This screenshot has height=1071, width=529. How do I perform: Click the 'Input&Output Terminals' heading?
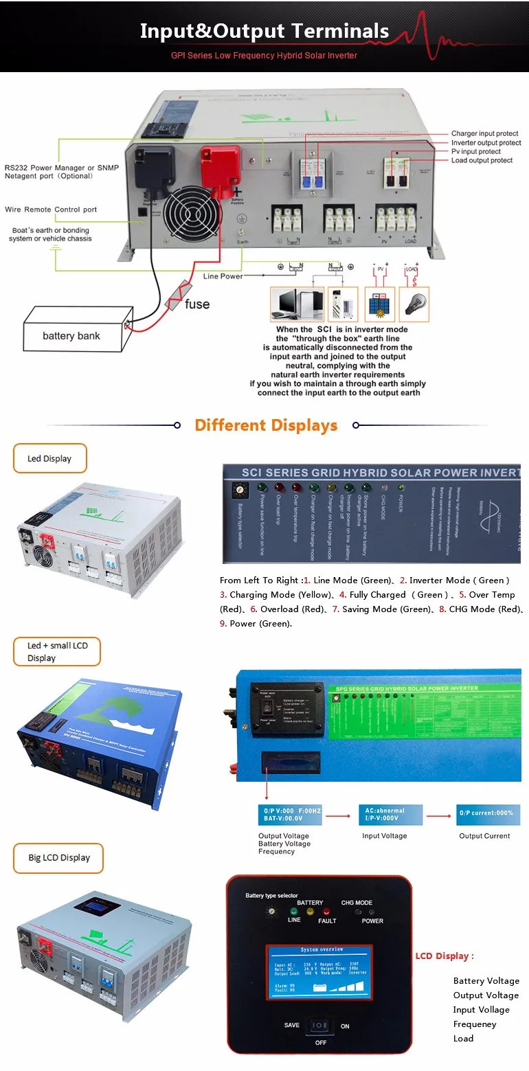(264, 31)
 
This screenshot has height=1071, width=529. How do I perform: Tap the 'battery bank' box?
(71, 335)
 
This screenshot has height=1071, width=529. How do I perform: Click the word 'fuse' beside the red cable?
(197, 304)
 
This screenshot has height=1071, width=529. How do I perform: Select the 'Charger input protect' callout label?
(484, 134)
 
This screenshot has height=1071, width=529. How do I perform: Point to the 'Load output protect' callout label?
(482, 161)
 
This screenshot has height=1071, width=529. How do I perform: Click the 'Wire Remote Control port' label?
(51, 210)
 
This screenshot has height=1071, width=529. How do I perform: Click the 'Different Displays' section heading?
(266, 425)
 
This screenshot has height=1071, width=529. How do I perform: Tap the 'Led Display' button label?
(49, 458)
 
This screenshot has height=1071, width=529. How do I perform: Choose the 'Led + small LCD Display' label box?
(56, 651)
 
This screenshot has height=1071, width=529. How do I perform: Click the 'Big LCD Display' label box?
(59, 858)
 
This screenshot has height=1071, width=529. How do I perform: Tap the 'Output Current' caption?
(484, 836)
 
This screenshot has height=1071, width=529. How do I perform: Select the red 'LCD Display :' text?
(444, 956)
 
